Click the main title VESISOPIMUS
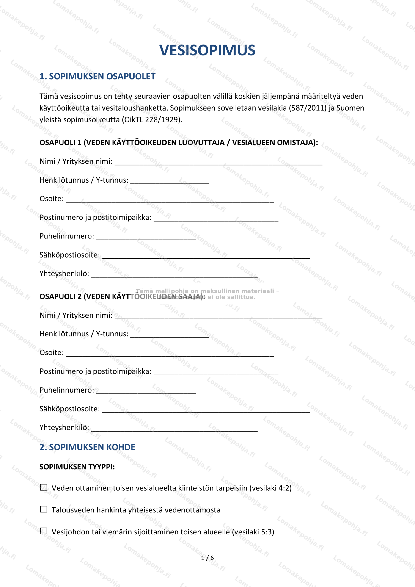pyautogui.click(x=207, y=50)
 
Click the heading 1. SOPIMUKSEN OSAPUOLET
pyautogui.click(x=97, y=76)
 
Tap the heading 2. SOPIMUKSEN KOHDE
pyautogui.click(x=87, y=447)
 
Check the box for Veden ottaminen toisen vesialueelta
pyautogui.click(x=44, y=487)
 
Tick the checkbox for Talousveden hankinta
pyautogui.click(x=44, y=509)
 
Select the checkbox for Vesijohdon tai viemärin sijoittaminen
pyautogui.click(x=44, y=531)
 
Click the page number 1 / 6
pyautogui.click(x=207, y=558)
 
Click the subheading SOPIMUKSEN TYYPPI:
pyautogui.click(x=77, y=467)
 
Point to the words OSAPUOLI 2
pyautogui.click(x=60, y=296)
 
